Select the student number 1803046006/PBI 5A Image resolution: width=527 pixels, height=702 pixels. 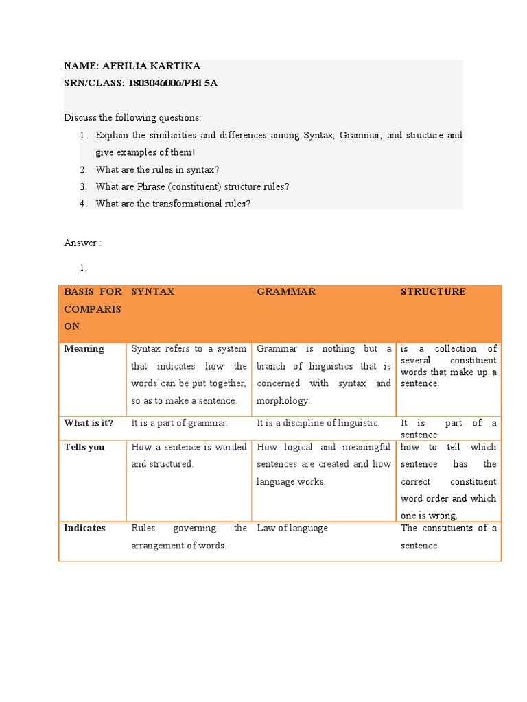173,83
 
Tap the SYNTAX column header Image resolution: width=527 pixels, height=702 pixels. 153,291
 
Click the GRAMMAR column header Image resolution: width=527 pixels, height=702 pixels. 286,291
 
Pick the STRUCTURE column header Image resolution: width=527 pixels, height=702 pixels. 433,291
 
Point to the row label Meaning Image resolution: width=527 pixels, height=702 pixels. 84,348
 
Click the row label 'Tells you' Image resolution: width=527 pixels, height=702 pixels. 84,447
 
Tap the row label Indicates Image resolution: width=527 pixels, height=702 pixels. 84,528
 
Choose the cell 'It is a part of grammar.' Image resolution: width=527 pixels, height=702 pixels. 180,423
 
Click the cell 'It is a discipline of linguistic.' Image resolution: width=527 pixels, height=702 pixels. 318,423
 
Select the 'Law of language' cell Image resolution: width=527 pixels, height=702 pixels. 292,528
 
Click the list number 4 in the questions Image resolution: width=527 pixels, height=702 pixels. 82,203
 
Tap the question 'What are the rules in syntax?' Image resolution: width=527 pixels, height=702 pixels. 157,169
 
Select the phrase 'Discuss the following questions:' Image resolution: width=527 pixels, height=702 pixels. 132,118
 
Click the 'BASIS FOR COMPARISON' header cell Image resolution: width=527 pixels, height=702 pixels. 93,308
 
